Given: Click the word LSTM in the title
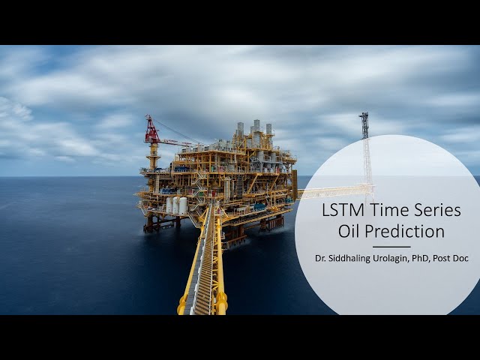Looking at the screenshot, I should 342,211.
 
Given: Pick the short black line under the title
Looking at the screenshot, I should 391,247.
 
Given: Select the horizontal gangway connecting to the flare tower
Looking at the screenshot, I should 334,191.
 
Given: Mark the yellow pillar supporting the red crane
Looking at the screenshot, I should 154,157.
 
